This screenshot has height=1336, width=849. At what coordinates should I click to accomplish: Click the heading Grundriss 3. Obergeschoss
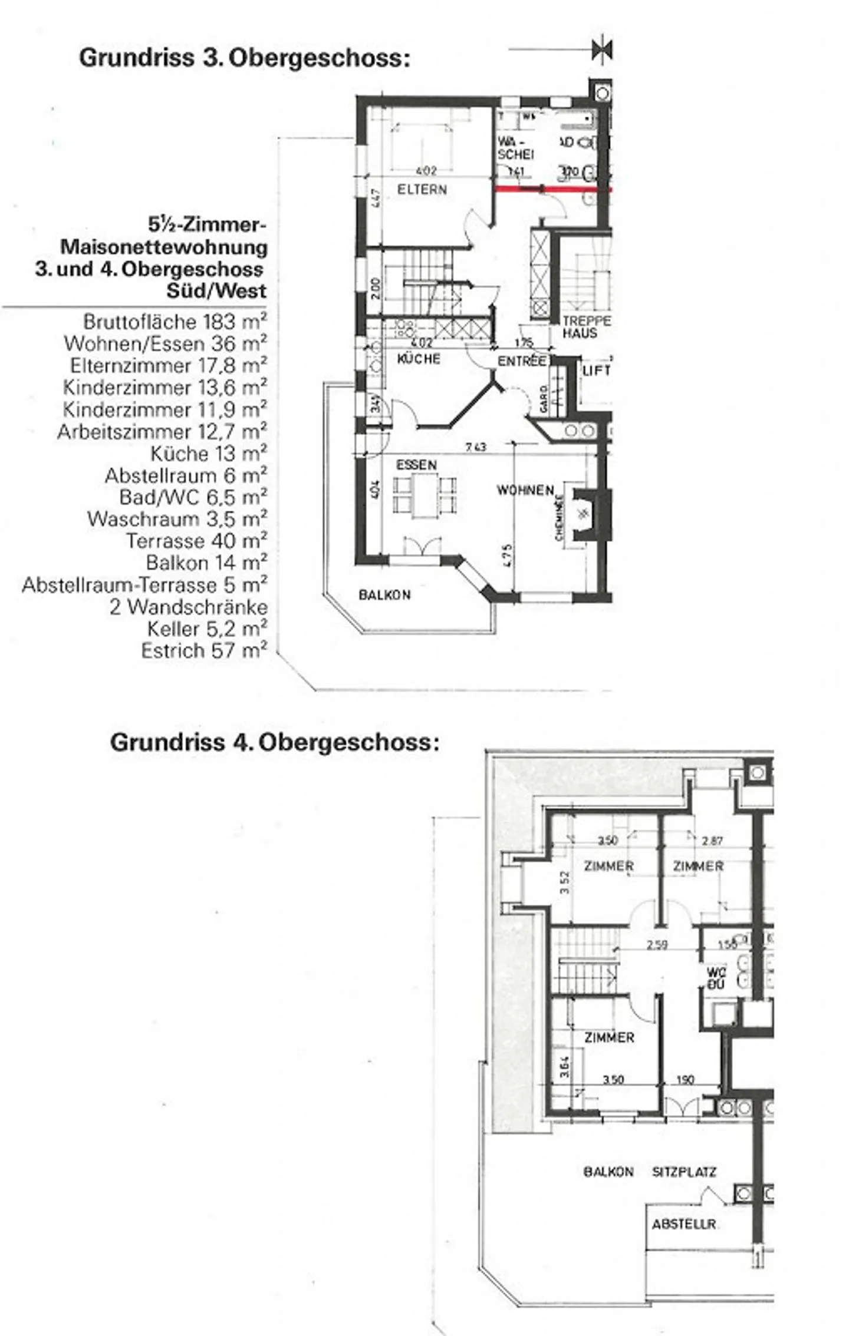(244, 58)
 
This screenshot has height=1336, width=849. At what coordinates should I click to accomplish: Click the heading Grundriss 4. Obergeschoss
(275, 742)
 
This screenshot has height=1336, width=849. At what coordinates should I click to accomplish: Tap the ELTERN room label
(422, 190)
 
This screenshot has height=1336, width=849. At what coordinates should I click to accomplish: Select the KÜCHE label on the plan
(419, 359)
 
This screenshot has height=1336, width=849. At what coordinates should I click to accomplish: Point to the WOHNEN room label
(525, 490)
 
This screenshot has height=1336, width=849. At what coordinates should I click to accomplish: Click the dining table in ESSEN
(424, 495)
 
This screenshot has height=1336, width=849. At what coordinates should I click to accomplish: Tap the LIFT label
(595, 371)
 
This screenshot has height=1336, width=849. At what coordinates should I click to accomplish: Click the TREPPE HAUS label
(585, 328)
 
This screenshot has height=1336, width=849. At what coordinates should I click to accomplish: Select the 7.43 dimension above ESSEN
(475, 447)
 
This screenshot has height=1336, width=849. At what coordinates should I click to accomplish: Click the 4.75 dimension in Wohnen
(508, 555)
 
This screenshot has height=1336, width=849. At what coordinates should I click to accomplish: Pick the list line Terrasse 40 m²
(196, 541)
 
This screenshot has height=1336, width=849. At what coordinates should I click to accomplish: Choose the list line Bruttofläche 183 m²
(175, 322)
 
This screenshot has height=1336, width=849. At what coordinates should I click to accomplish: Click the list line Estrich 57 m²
(203, 650)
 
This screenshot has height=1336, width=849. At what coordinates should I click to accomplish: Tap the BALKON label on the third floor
(384, 595)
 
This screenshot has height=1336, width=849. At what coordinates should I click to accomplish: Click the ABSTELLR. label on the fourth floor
(684, 1224)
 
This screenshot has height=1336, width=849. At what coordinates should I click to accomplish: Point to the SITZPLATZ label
(684, 1172)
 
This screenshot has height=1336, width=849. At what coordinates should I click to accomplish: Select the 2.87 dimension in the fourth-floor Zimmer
(712, 841)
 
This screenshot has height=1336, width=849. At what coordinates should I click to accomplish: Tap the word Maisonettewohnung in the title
(164, 247)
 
